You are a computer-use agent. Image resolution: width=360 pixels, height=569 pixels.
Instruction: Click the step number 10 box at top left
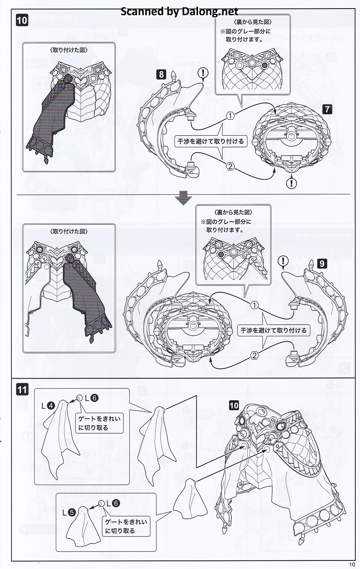(22, 20)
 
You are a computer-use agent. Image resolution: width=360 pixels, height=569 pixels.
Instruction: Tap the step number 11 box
(22, 389)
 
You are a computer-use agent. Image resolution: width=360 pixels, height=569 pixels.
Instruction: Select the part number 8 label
(161, 74)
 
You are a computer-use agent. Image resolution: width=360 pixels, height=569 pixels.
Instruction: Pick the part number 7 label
(327, 109)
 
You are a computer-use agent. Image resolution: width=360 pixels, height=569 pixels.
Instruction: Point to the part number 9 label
(322, 264)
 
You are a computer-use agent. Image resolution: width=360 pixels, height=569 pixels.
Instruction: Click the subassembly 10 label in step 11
(233, 405)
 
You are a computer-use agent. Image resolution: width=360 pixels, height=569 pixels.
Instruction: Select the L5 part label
(68, 512)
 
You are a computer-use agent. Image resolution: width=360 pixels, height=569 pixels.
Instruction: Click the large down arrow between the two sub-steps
(183, 199)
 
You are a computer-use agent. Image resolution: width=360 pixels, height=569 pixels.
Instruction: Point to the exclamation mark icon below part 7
(291, 182)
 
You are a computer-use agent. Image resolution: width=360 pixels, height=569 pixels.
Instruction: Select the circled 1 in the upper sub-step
(231, 115)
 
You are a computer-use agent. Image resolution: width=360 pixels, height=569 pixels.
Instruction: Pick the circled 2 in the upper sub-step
(230, 166)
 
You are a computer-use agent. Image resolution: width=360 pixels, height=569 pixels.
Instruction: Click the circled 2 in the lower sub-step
(254, 355)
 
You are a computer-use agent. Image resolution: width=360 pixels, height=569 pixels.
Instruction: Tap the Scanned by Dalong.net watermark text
(179, 11)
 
